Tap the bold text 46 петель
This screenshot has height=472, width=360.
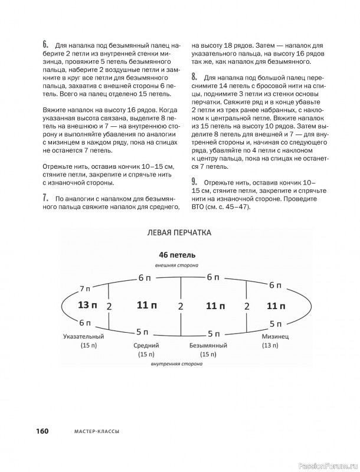tap(177, 255)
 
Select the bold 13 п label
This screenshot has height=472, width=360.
tap(88, 305)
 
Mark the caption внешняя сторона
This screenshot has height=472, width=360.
tap(177, 266)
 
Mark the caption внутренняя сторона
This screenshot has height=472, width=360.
tap(177, 365)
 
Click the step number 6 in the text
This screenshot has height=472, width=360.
tap(45, 44)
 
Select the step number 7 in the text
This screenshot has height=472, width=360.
tap(45, 197)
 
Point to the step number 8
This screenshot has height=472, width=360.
tap(194, 77)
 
